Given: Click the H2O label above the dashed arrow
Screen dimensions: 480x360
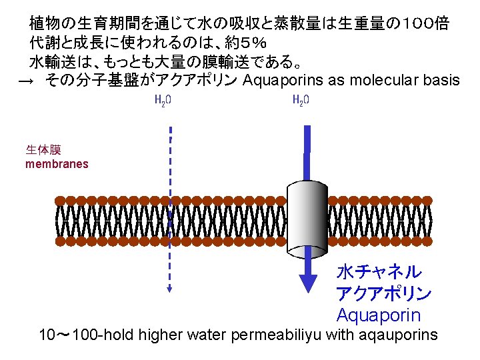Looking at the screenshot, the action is (x=163, y=101).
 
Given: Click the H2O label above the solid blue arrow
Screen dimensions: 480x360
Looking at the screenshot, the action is (x=301, y=101).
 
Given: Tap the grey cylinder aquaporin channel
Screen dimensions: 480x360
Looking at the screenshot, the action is (x=307, y=219).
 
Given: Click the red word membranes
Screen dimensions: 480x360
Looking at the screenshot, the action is (x=57, y=164).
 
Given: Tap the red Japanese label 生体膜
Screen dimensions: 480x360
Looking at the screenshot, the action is (x=43, y=150).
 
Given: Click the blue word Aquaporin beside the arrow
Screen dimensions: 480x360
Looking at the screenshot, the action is (x=379, y=315).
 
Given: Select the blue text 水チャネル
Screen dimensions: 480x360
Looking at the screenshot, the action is (x=379, y=272).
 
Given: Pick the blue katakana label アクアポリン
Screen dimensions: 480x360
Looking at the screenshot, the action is (x=384, y=293).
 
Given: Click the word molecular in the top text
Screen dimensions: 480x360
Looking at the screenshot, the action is (x=387, y=81).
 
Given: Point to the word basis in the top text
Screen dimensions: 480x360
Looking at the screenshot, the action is (x=441, y=81).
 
